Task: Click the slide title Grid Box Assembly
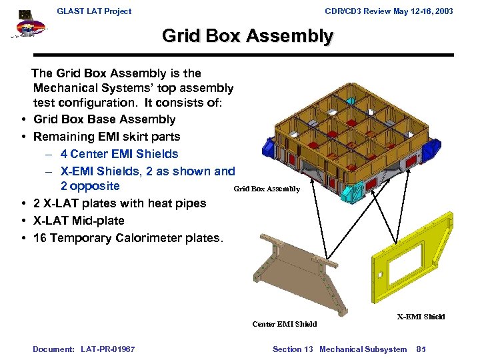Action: [x=247, y=35]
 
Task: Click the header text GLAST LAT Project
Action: [x=94, y=11]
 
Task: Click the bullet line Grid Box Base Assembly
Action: [x=104, y=119]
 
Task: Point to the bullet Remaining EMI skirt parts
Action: [x=107, y=137]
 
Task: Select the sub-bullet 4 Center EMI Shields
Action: [x=119, y=154]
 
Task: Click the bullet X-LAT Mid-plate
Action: [x=79, y=221]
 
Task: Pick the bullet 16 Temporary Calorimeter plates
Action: [x=127, y=238]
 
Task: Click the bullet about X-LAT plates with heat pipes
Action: [x=119, y=203]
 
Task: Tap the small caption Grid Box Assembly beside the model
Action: [x=267, y=189]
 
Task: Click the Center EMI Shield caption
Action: [x=285, y=324]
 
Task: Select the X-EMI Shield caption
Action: [x=421, y=317]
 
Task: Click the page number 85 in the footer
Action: [x=421, y=349]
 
